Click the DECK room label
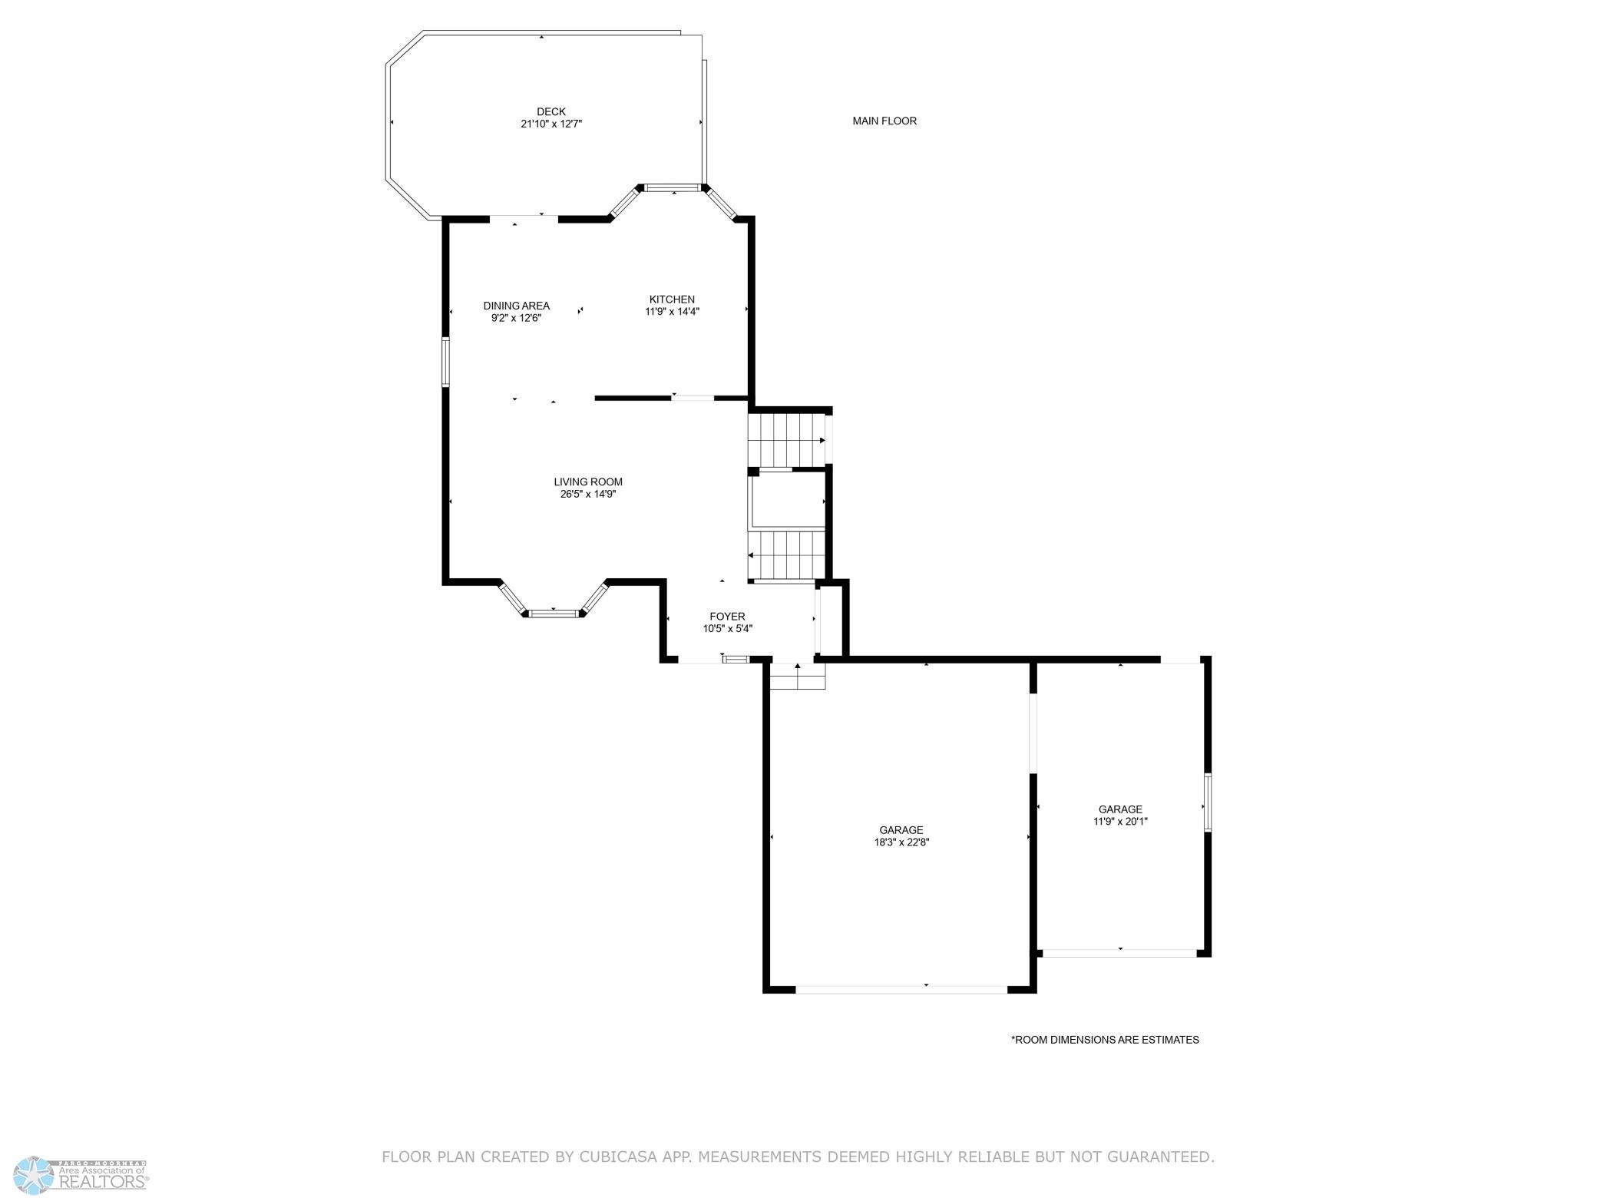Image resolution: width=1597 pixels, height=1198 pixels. tap(551, 112)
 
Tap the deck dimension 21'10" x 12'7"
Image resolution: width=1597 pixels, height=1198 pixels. tap(551, 124)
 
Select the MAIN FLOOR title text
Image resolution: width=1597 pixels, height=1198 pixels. tap(884, 121)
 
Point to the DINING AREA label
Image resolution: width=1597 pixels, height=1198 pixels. tap(516, 306)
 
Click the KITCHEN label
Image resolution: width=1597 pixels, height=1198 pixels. tap(672, 299)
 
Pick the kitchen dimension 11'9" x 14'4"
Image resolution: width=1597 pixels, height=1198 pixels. tap(672, 312)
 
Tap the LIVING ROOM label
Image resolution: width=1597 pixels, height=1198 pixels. tap(588, 482)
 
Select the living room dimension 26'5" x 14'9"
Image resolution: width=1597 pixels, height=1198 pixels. tap(588, 495)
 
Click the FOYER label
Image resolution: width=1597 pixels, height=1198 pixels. tap(727, 617)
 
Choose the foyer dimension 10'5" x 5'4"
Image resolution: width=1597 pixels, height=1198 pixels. tap(727, 629)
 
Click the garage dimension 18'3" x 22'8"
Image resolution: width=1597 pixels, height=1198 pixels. tap(901, 842)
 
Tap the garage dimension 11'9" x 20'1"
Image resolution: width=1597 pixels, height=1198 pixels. tap(1120, 821)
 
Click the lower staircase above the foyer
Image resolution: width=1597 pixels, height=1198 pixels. tap(786, 555)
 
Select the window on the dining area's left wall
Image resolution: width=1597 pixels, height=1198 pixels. tap(445, 361)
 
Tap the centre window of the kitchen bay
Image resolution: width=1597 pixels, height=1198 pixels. tap(673, 187)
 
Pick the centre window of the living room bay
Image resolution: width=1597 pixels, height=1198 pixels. tap(554, 613)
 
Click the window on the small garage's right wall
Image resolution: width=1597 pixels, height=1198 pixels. tap(1207, 803)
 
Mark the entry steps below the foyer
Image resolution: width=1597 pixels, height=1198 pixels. tap(798, 676)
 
